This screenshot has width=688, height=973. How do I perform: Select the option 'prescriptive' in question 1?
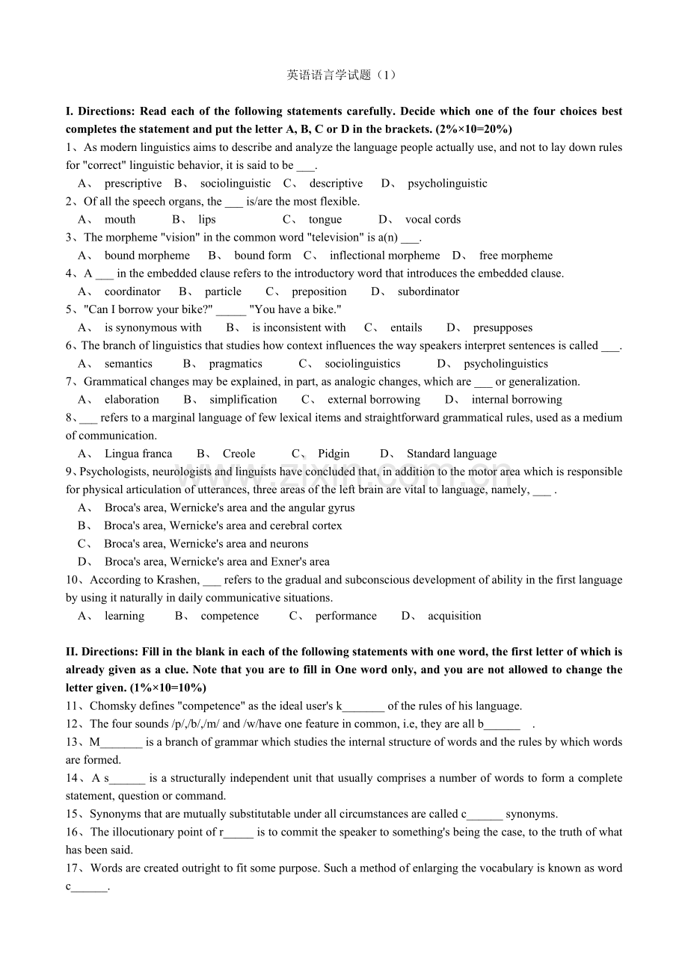pyautogui.click(x=133, y=184)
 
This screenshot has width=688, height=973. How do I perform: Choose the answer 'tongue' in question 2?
pyautogui.click(x=325, y=220)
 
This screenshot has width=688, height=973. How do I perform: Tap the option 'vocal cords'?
pyautogui.click(x=433, y=220)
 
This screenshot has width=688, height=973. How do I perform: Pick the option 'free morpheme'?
pyautogui.click(x=516, y=256)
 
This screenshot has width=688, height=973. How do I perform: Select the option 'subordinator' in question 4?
pyautogui.click(x=429, y=291)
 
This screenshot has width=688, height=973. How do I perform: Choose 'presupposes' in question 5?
pyautogui.click(x=503, y=327)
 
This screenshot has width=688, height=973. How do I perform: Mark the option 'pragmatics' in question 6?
pyautogui.click(x=236, y=364)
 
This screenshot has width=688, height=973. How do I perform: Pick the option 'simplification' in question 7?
pyautogui.click(x=243, y=400)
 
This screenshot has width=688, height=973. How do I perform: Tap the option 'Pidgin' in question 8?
pyautogui.click(x=334, y=454)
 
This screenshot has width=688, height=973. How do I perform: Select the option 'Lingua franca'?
pyautogui.click(x=138, y=454)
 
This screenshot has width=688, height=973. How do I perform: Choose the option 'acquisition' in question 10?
pyautogui.click(x=455, y=617)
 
